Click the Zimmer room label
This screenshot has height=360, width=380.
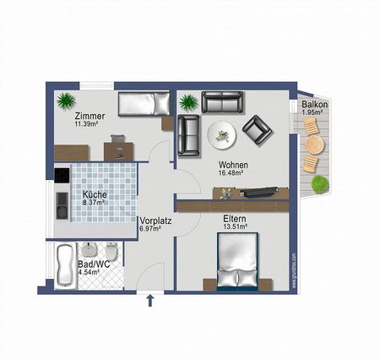point(89,116)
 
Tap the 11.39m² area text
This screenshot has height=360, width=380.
point(89,124)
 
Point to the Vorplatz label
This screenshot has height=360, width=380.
point(155,221)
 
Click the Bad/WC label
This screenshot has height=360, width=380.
point(94,264)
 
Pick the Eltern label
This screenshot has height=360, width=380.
point(235,218)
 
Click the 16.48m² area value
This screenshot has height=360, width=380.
point(231,173)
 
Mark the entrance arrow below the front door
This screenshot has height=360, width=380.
point(151,298)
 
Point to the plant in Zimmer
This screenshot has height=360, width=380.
point(66,100)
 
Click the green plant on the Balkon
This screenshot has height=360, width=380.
point(319,184)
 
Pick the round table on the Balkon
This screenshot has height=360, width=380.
point(313,144)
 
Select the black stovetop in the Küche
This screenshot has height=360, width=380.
point(61,175)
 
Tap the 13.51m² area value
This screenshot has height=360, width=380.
point(235,226)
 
